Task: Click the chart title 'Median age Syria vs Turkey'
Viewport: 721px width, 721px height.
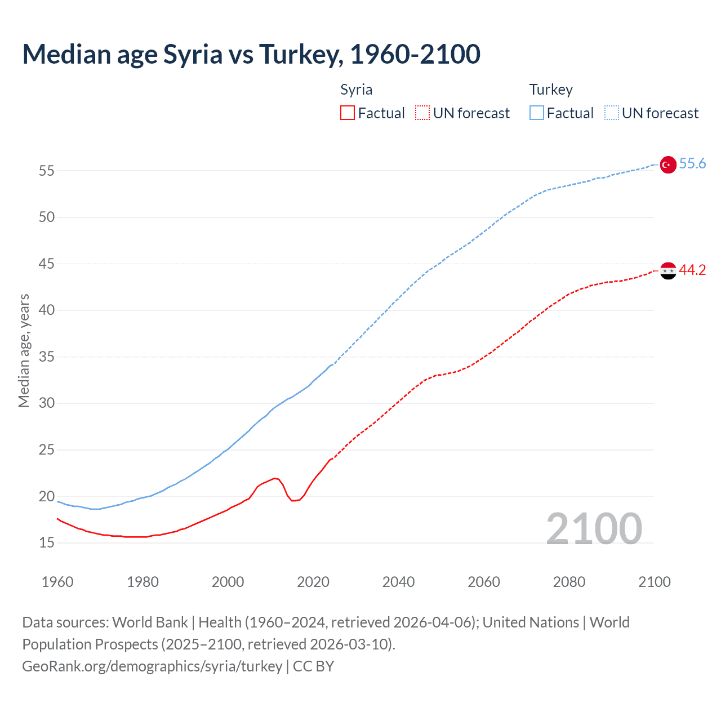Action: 251,54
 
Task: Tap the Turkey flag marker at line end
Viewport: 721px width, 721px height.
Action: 667,164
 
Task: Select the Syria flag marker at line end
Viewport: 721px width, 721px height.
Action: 667,271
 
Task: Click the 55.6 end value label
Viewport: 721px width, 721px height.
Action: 692,163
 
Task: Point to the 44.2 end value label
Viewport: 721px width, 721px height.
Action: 692,270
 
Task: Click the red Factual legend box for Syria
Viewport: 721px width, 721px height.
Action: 348,113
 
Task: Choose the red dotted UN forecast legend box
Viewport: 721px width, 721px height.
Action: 422,113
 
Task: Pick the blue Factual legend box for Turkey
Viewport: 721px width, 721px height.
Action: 537,113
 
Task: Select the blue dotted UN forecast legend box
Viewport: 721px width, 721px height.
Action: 612,113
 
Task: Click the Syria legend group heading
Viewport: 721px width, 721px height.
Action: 356,90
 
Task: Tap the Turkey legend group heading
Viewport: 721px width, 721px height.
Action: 551,90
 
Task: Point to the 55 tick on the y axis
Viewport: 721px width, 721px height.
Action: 47,171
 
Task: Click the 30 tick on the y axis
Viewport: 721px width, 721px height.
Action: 47,403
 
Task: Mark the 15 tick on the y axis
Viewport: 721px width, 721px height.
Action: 47,543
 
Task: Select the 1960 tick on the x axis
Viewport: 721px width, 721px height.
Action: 57,582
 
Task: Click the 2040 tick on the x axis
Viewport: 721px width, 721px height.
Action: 398,582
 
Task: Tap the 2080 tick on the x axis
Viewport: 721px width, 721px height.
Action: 569,582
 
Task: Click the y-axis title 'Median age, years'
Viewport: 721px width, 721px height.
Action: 24,350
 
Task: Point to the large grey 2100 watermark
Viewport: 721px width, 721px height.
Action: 594,528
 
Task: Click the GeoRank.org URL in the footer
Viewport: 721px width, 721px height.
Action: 152,666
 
